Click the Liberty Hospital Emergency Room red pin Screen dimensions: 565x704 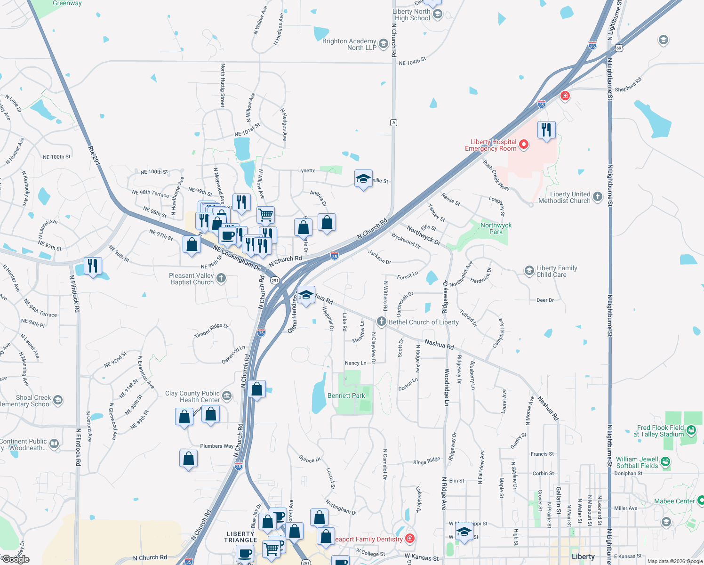click(x=524, y=145)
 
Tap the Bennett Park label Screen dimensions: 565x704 click(x=346, y=395)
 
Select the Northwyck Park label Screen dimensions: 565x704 click(x=496, y=228)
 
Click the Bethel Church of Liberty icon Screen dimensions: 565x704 click(x=381, y=322)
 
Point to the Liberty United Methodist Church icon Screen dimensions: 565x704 click(x=598, y=197)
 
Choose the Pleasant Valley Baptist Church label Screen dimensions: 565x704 click(x=192, y=279)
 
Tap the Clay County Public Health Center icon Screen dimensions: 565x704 click(x=227, y=395)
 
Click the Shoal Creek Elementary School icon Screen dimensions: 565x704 click(x=58, y=400)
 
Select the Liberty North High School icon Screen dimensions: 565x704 click(x=437, y=14)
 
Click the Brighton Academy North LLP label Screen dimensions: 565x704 click(x=349, y=44)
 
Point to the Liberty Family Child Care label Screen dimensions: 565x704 click(x=557, y=271)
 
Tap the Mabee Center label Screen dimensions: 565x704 click(x=674, y=501)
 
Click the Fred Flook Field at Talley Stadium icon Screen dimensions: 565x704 click(x=691, y=429)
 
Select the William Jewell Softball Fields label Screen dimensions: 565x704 click(x=637, y=462)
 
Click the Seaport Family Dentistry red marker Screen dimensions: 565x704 click(x=410, y=538)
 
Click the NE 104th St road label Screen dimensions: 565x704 click(x=412, y=61)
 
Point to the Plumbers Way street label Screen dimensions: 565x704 click(x=217, y=446)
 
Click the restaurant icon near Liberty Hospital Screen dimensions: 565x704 click(x=546, y=129)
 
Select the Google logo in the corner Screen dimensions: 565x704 click(x=16, y=559)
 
